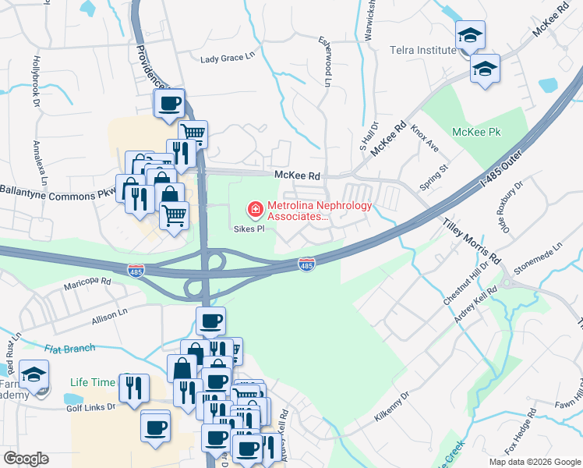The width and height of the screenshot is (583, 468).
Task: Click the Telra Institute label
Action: (423, 51)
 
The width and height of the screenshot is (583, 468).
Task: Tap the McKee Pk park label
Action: (478, 133)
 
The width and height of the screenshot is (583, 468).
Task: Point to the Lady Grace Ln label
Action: (228, 58)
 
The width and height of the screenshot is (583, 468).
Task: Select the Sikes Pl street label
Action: (250, 229)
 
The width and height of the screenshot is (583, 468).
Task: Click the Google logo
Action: (26, 459)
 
